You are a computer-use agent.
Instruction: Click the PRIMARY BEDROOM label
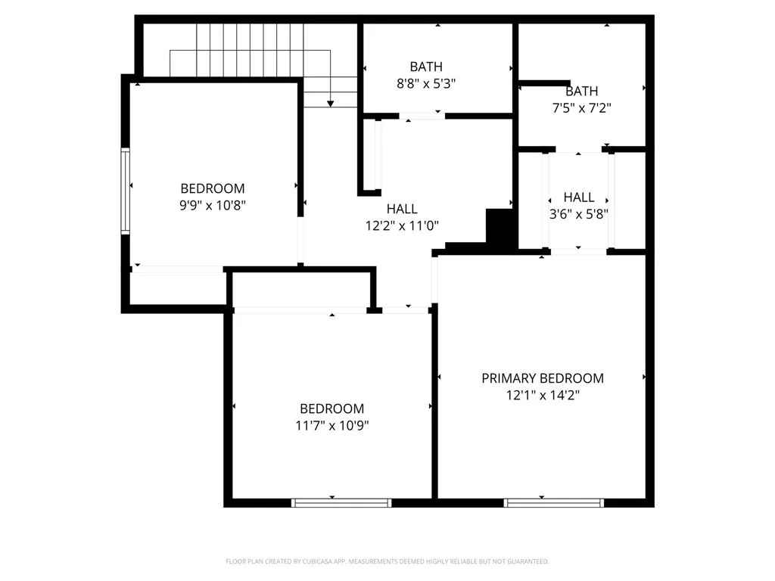[x=543, y=378]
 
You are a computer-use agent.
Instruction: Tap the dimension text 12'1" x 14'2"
[x=543, y=395]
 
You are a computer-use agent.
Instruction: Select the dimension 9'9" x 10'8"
[x=213, y=204]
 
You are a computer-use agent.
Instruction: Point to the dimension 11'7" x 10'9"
[x=332, y=425]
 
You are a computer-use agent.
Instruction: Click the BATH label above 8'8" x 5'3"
[x=426, y=67]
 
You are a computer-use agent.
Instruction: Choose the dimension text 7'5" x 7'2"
[x=581, y=107]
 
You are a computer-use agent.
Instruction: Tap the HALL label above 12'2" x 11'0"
[x=402, y=209]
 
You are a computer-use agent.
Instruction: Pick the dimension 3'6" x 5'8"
[x=579, y=213]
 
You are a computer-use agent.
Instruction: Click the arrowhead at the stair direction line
[x=331, y=102]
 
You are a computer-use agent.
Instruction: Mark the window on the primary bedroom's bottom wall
[x=554, y=502]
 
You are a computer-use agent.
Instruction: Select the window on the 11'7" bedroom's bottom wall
[x=341, y=502]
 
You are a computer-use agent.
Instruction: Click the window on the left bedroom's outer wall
[x=126, y=190]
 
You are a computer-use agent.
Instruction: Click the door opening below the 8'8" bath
[x=422, y=116]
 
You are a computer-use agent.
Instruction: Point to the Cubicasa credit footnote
[x=387, y=561]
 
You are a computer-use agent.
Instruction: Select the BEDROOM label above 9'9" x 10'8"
[x=213, y=188]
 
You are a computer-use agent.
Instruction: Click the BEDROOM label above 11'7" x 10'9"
[x=332, y=409]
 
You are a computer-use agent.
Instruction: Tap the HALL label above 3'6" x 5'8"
[x=579, y=197]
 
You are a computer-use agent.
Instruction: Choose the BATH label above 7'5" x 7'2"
[x=581, y=92]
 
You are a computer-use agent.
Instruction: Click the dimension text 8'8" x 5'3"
[x=426, y=83]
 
